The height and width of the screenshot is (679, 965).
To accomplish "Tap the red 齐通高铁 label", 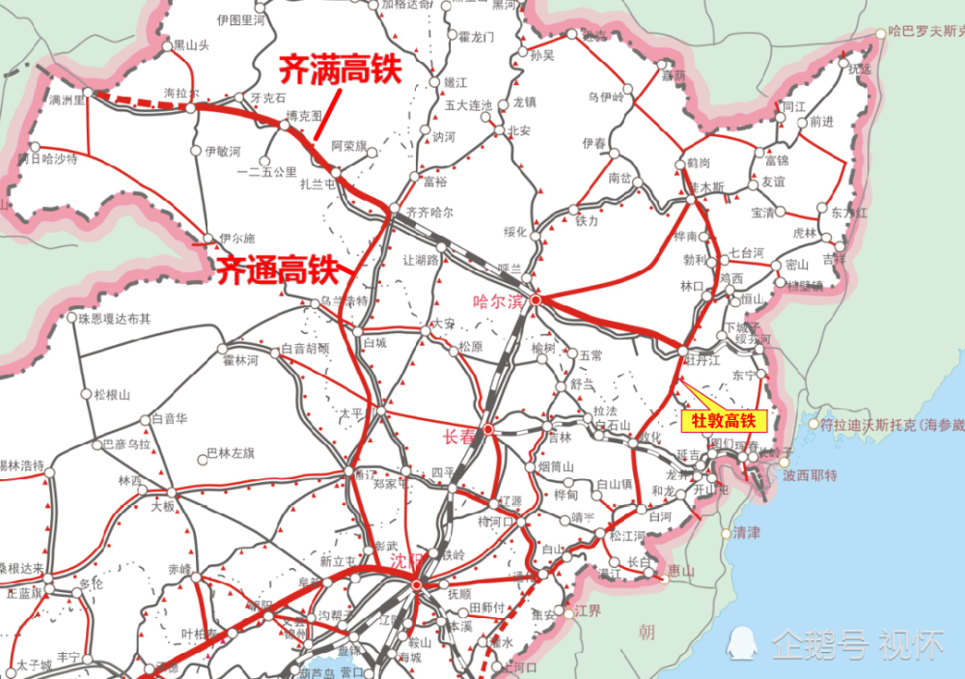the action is pyautogui.click(x=276, y=269).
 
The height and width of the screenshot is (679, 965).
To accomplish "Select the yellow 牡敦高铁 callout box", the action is pyautogui.click(x=724, y=421).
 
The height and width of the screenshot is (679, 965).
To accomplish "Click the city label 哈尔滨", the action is pyautogui.click(x=498, y=300).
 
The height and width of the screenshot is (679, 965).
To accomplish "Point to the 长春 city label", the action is pyautogui.click(x=460, y=437).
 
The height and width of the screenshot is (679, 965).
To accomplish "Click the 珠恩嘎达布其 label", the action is pyautogui.click(x=116, y=318).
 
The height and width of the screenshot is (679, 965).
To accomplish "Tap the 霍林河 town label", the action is pyautogui.click(x=240, y=360).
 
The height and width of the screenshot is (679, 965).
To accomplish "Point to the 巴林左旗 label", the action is pyautogui.click(x=231, y=453).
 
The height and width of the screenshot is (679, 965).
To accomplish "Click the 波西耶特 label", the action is pyautogui.click(x=810, y=475).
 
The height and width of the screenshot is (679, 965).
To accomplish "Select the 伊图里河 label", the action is pyautogui.click(x=241, y=19).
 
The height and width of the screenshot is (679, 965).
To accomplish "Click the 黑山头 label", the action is pyautogui.click(x=190, y=44).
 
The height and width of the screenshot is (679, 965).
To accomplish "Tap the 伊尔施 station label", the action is pyautogui.click(x=236, y=238).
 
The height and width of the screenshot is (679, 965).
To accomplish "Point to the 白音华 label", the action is pyautogui.click(x=169, y=419).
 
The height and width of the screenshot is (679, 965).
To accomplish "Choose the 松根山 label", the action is pyautogui.click(x=112, y=394).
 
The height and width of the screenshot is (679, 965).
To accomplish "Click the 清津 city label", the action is pyautogui.click(x=747, y=531).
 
